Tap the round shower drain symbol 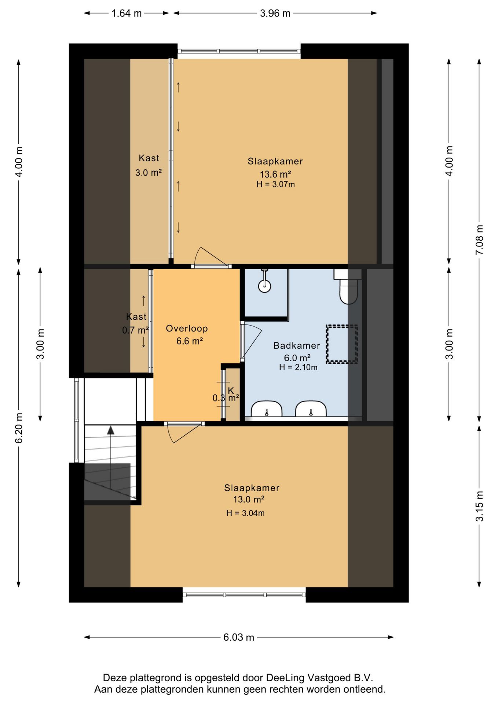pyautogui.click(x=265, y=286)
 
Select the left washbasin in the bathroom pyautogui.click(x=267, y=408)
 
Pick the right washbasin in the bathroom pyautogui.click(x=311, y=408)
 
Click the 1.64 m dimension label pyautogui.click(x=126, y=14)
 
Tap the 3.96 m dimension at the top pyautogui.click(x=275, y=14)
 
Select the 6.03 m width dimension pyautogui.click(x=239, y=637)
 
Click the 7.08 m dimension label pyautogui.click(x=479, y=240)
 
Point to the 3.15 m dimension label pyautogui.click(x=479, y=506)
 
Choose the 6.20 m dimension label pyautogui.click(x=19, y=428)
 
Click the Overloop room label pyautogui.click(x=187, y=329)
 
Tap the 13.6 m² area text pyautogui.click(x=275, y=174)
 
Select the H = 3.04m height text pyautogui.click(x=245, y=513)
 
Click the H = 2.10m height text pyautogui.click(x=298, y=367)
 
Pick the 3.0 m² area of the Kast pyautogui.click(x=149, y=172)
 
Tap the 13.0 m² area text pyautogui.click(x=249, y=499)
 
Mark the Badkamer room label pyautogui.click(x=297, y=345)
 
